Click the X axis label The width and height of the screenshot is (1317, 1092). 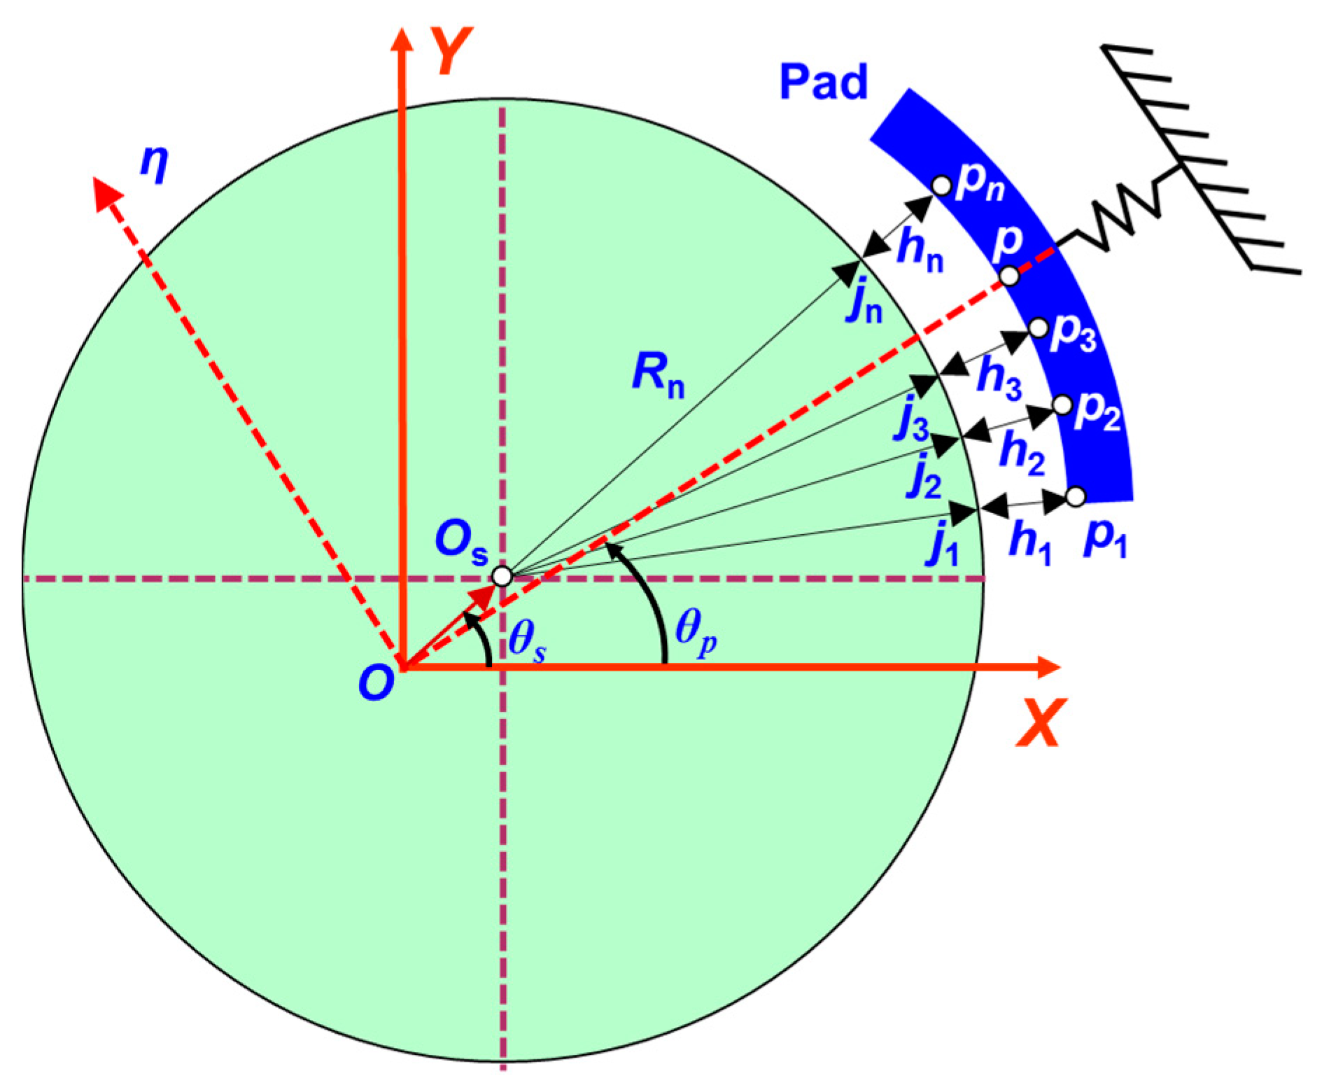click(x=1041, y=722)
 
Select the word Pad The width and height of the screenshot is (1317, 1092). click(x=823, y=83)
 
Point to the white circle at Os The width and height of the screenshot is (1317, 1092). click(x=502, y=576)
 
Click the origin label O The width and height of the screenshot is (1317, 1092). click(x=376, y=682)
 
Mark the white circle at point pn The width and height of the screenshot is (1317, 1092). click(x=942, y=185)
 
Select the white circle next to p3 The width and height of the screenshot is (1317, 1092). click(x=1038, y=327)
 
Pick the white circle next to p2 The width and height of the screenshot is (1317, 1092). click(x=1062, y=405)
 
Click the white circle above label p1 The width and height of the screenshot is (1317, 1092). click(x=1076, y=496)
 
